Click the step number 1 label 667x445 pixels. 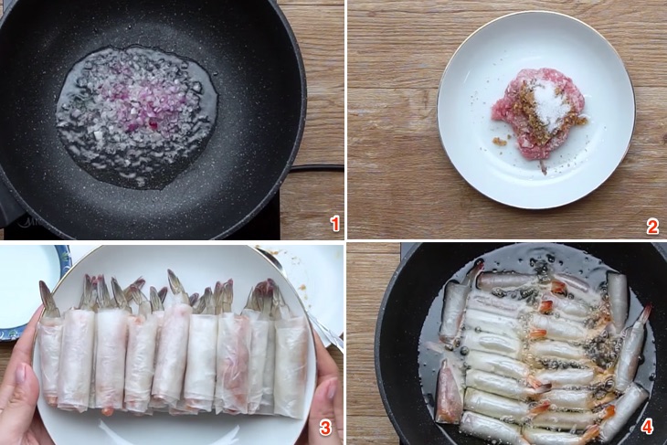(335, 224)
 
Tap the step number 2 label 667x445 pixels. (652, 227)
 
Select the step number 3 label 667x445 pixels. (325, 428)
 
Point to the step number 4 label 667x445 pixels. (647, 427)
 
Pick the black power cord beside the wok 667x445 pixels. (317, 168)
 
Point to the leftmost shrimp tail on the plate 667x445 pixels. (48, 299)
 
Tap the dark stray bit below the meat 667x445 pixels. (544, 168)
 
